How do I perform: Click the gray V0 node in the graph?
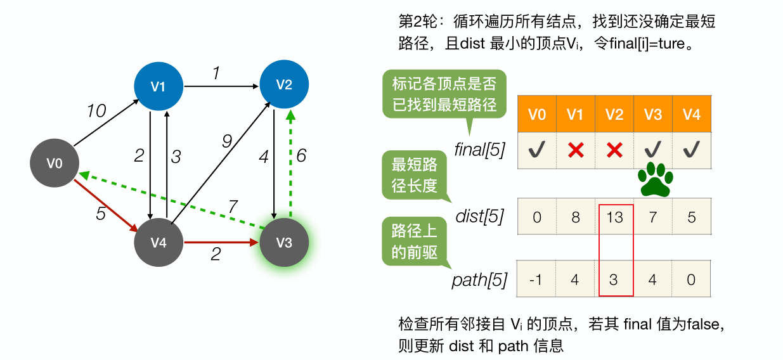click(x=55, y=164)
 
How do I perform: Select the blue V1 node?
click(x=158, y=86)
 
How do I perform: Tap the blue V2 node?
click(x=284, y=84)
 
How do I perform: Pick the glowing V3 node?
click(x=284, y=243)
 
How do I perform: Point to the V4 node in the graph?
click(x=159, y=243)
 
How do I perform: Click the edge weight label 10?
click(x=96, y=112)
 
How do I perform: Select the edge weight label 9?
click(x=227, y=141)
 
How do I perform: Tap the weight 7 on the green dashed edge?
click(x=233, y=206)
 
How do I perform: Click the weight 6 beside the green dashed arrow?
click(x=301, y=155)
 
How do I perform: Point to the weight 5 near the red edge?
click(x=101, y=214)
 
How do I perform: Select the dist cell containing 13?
click(x=614, y=217)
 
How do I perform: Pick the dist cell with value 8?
click(x=575, y=217)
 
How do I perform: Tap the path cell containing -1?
click(x=537, y=279)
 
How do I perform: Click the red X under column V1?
click(x=575, y=150)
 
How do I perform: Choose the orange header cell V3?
click(x=653, y=114)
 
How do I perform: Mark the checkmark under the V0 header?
click(x=537, y=150)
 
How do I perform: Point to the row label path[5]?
click(x=479, y=280)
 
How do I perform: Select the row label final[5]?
click(x=479, y=150)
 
